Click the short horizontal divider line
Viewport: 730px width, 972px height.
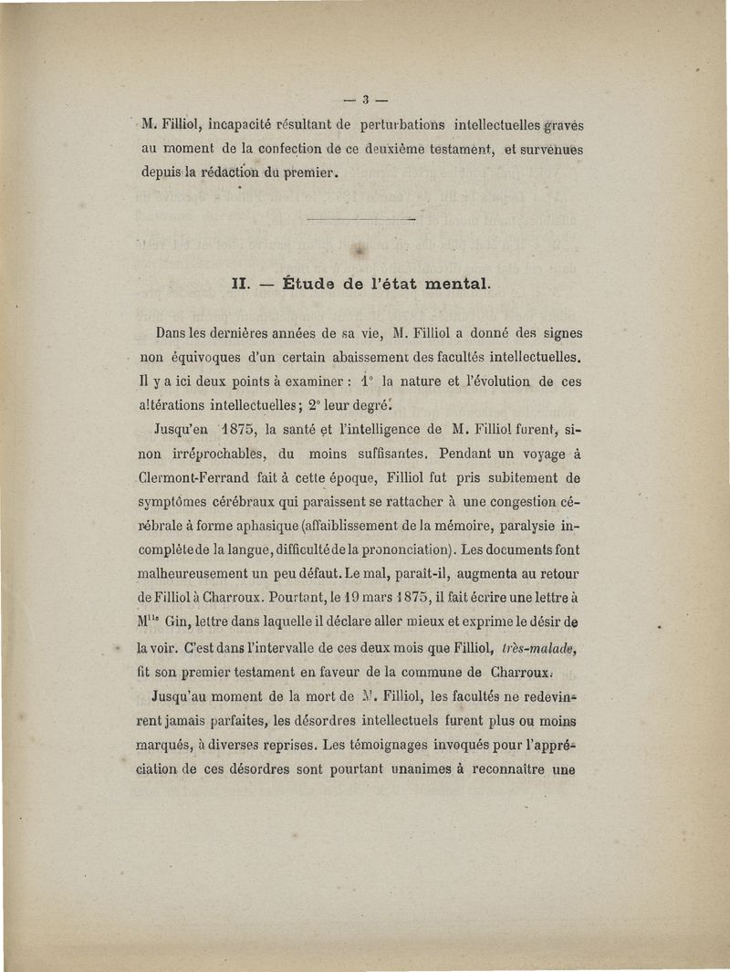361,220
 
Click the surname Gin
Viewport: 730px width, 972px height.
202,624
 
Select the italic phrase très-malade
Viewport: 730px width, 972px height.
540,647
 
